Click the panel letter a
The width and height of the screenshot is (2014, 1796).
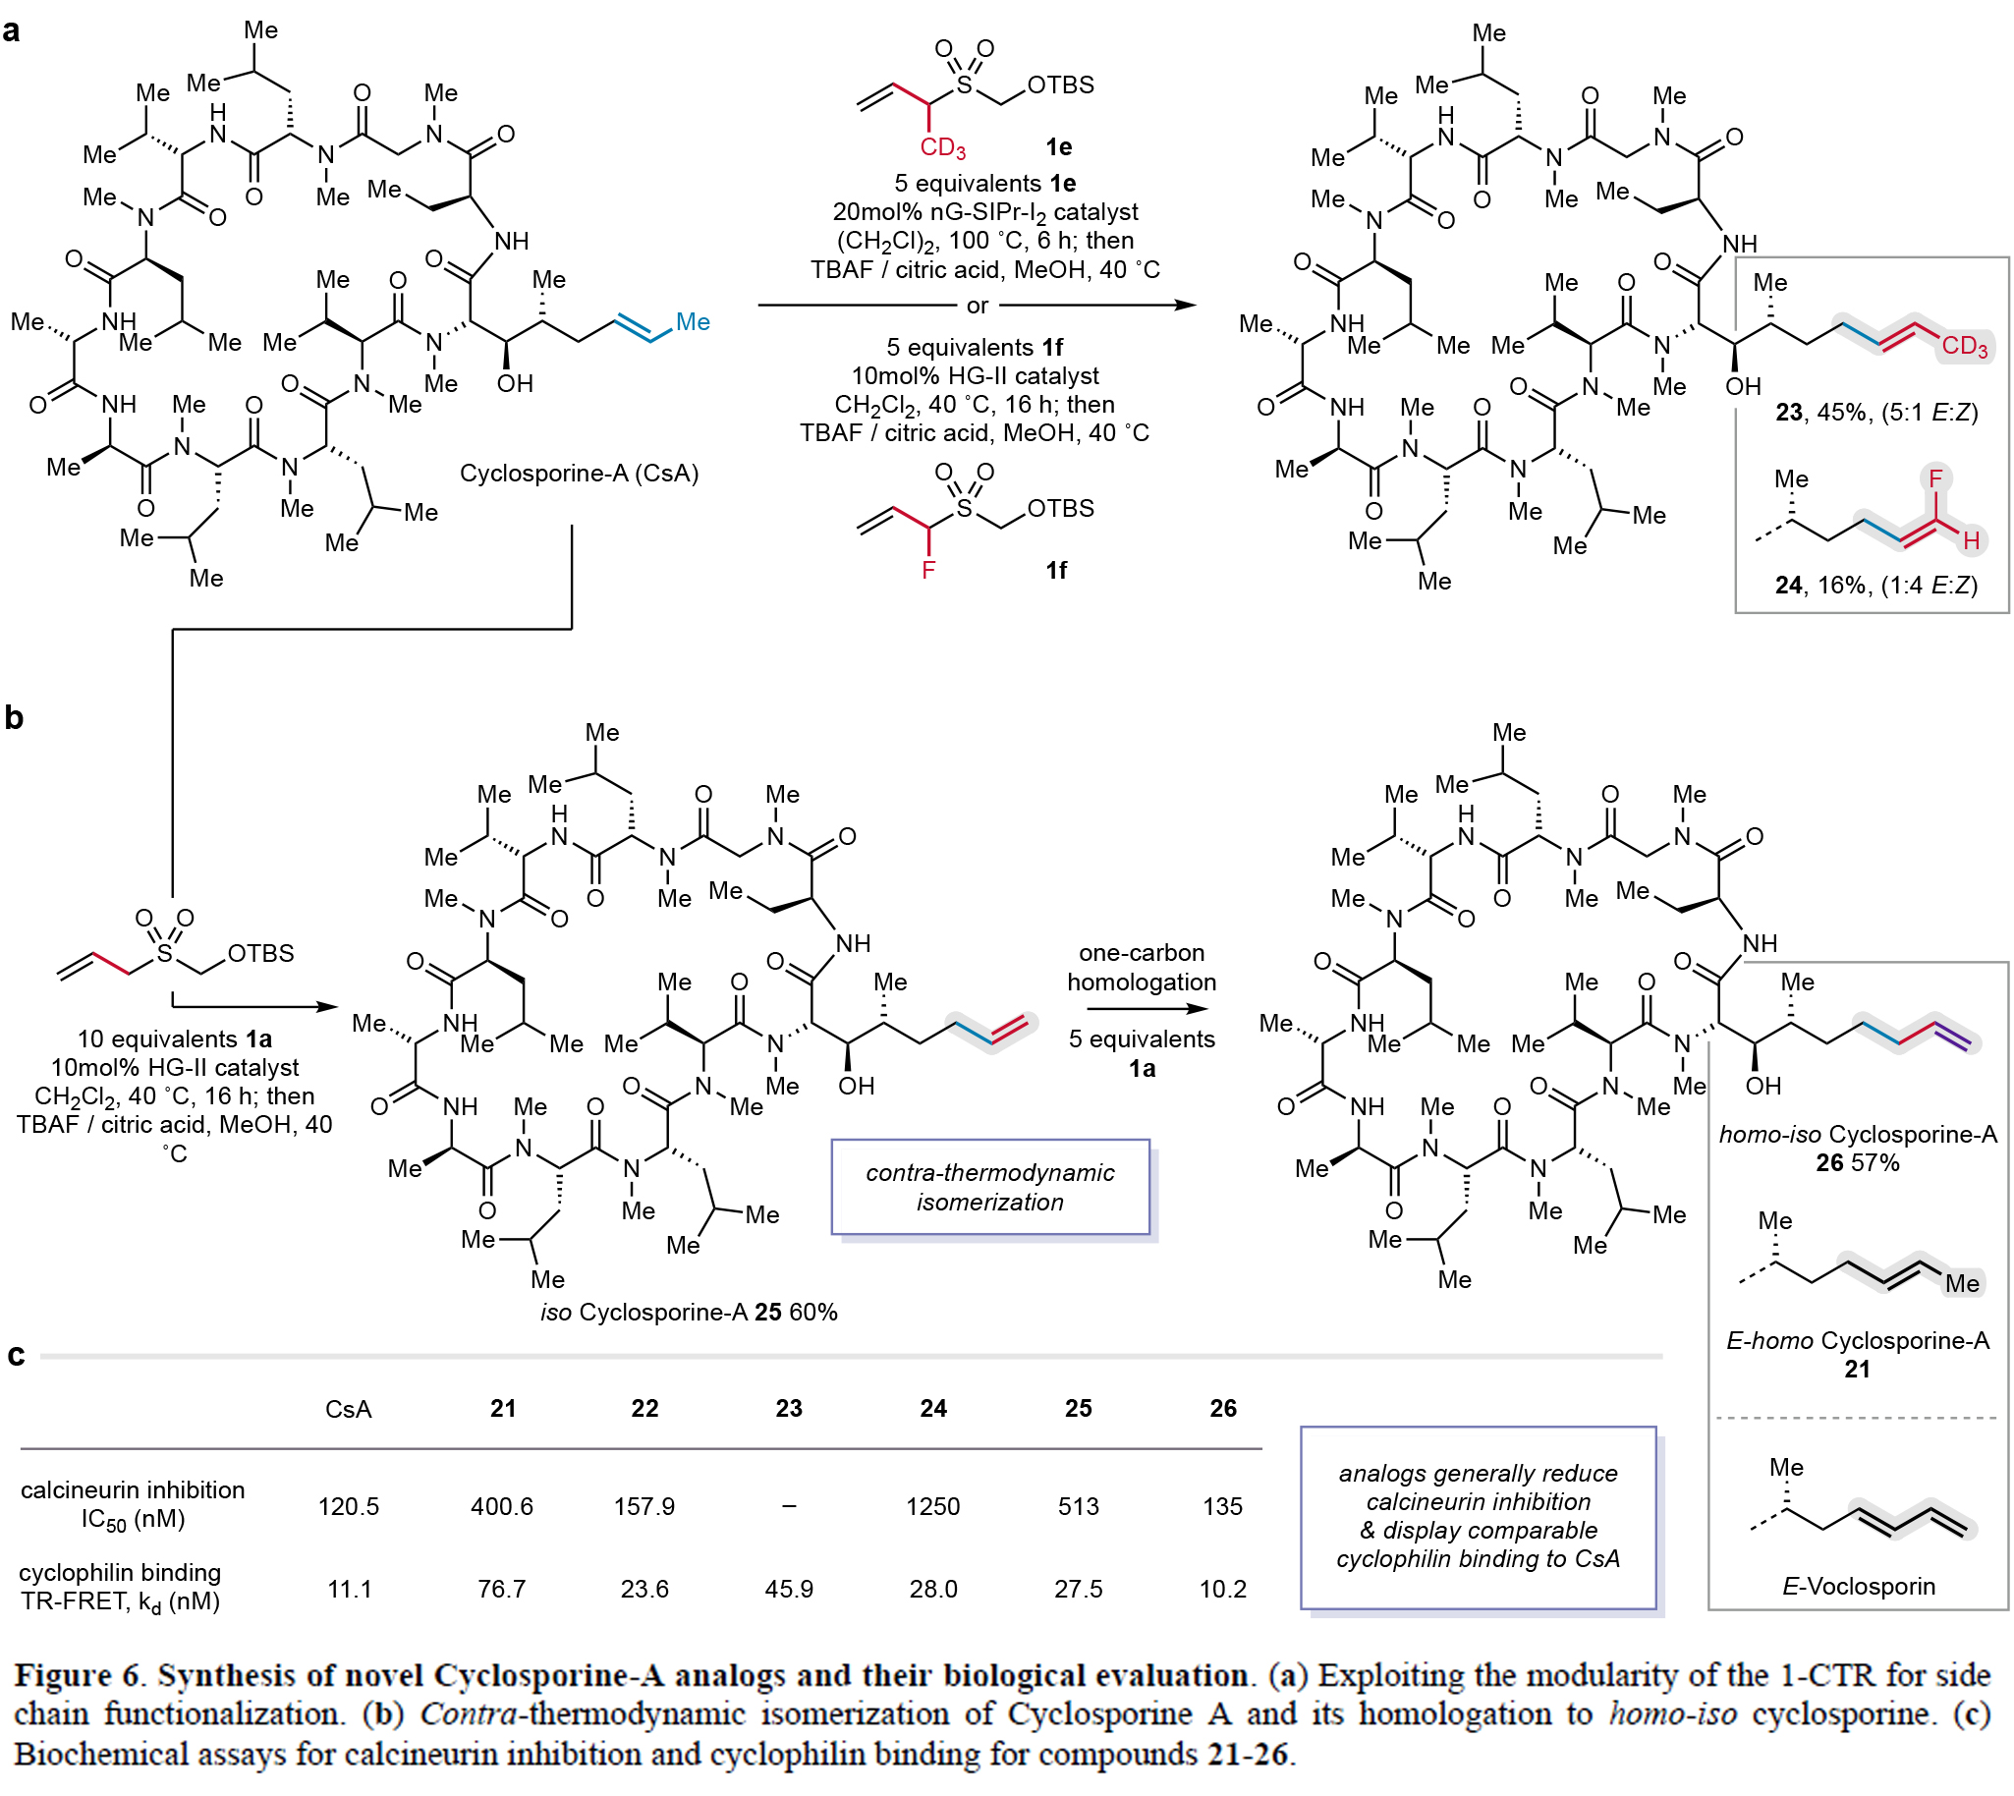tap(12, 30)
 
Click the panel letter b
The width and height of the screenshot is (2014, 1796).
tap(14, 717)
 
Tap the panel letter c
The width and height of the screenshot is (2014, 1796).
tap(16, 1355)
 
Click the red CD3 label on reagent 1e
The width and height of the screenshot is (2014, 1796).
tap(942, 148)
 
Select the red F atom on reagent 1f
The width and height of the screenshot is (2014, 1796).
tap(927, 570)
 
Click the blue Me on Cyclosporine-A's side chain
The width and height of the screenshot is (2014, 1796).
tap(693, 321)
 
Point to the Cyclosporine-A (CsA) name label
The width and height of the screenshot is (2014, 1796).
tap(580, 473)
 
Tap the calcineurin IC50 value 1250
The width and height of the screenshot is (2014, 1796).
tap(932, 1506)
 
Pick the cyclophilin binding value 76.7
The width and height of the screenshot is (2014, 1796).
tap(501, 1589)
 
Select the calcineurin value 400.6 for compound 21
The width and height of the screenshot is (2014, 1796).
tap(501, 1506)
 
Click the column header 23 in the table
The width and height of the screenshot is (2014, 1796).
tap(789, 1408)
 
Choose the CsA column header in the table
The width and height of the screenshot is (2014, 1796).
tap(349, 1409)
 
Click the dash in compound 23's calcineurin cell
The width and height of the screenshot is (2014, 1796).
tap(789, 1506)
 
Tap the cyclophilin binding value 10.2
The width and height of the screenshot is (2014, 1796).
tap(1222, 1589)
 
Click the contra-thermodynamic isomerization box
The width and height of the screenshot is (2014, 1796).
tap(989, 1187)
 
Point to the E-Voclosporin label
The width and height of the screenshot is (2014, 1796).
tap(1858, 1586)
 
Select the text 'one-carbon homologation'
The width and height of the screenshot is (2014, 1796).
tap(1142, 967)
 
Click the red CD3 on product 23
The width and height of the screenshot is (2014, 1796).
tap(1964, 346)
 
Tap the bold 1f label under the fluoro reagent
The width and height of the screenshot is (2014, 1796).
tap(1056, 571)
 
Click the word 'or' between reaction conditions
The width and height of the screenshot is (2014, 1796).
tap(977, 306)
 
